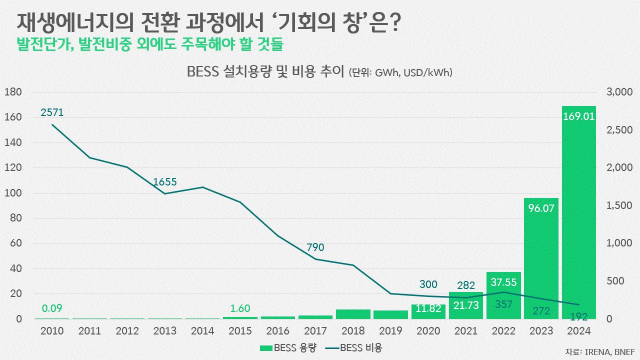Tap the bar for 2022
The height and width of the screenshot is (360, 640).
[x=503, y=295]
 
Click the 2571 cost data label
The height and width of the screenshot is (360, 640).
[x=52, y=113]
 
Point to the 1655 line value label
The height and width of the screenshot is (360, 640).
[x=165, y=182]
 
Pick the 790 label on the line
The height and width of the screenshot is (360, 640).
[x=315, y=247]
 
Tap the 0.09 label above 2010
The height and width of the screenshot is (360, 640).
[x=52, y=308]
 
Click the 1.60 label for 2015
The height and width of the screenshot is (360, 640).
[x=240, y=308]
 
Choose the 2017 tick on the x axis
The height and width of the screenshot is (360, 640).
[x=315, y=331]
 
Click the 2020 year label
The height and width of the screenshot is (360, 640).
[x=428, y=331]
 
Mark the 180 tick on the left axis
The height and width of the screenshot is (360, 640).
[x=12, y=92]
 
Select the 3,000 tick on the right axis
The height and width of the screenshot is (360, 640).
[x=619, y=92]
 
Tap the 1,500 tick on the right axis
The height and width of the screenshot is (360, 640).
[x=619, y=205]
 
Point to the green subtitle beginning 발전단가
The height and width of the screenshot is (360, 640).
[x=150, y=44]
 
